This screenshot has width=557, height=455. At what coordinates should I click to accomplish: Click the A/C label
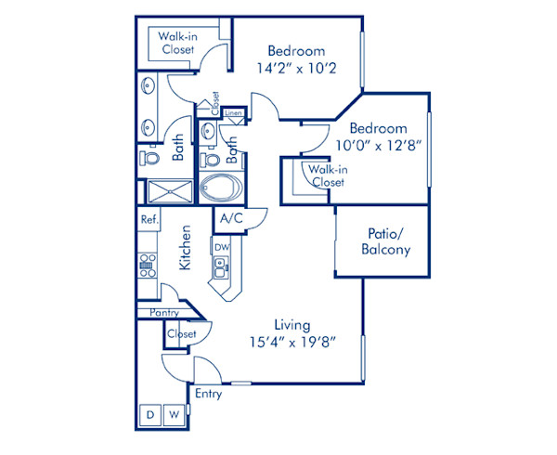(229, 218)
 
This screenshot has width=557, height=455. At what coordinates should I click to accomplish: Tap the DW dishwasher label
(221, 248)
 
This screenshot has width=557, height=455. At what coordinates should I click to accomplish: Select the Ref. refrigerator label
(148, 220)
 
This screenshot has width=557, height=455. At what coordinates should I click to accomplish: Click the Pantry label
(163, 313)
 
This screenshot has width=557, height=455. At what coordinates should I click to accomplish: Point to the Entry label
(209, 394)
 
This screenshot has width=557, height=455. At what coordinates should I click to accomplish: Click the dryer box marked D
(149, 414)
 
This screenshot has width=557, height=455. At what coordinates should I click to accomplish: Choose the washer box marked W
(172, 414)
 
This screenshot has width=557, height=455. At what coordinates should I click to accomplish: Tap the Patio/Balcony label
(385, 240)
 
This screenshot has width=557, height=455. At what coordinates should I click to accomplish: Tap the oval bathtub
(220, 187)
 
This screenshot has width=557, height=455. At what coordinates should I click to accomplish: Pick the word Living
(291, 324)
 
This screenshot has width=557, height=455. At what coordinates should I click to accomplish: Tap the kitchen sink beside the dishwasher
(220, 271)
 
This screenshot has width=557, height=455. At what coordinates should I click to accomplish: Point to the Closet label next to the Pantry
(182, 333)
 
